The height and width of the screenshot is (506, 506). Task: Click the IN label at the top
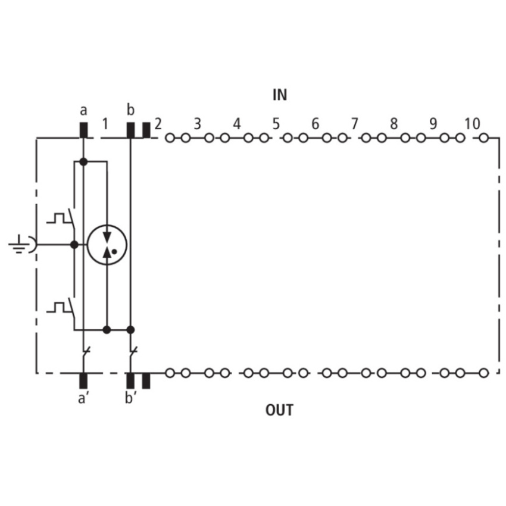pyautogui.click(x=280, y=95)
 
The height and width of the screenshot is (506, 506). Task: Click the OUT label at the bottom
pyautogui.click(x=279, y=410)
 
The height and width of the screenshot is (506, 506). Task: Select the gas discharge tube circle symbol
pyautogui.click(x=107, y=245)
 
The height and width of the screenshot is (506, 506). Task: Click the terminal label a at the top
pyautogui.click(x=83, y=111)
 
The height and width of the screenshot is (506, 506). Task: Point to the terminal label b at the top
pyautogui.click(x=130, y=110)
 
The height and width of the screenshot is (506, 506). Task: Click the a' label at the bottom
pyautogui.click(x=83, y=398)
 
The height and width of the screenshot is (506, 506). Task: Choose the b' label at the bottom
pyautogui.click(x=131, y=398)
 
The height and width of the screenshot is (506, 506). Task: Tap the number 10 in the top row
pyautogui.click(x=472, y=124)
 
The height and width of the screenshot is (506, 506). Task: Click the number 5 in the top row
pyautogui.click(x=276, y=124)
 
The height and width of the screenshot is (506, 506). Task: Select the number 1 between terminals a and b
pyautogui.click(x=105, y=124)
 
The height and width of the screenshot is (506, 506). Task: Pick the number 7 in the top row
pyautogui.click(x=355, y=124)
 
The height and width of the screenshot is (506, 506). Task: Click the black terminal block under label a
pyautogui.click(x=83, y=130)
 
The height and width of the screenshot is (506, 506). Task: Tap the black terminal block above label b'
pyautogui.click(x=130, y=381)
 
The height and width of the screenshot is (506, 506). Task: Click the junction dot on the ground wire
pyautogui.click(x=74, y=245)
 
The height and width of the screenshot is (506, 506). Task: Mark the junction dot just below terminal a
pyautogui.click(x=83, y=162)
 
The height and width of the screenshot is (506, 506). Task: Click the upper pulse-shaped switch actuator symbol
pyautogui.click(x=58, y=218)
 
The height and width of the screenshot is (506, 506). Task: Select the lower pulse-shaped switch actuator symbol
pyautogui.click(x=58, y=307)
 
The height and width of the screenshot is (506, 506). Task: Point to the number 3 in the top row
pyautogui.click(x=198, y=124)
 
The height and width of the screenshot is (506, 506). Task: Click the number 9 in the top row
pyautogui.click(x=433, y=124)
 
